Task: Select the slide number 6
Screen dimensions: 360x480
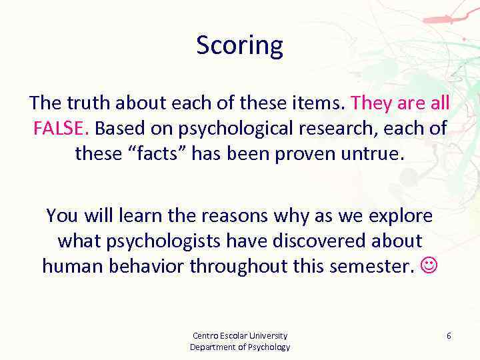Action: [x=449, y=336]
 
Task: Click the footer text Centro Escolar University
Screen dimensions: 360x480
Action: [x=240, y=335]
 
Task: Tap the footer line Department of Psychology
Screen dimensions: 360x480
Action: [x=240, y=347]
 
